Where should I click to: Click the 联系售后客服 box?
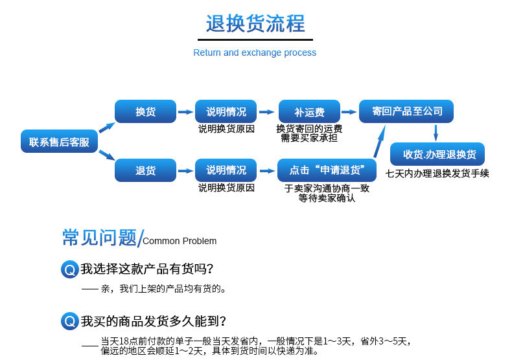tap(59, 141)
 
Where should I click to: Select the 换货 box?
tap(145, 111)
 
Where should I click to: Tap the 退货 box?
tap(145, 170)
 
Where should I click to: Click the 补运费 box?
tap(309, 111)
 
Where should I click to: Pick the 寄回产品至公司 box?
tap(406, 111)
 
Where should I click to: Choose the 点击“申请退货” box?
tap(327, 170)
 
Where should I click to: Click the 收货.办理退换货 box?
tap(437, 154)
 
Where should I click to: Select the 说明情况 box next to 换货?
tap(226, 111)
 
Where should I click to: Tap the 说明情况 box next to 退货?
tap(226, 170)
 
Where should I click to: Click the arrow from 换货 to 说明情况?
tap(185, 112)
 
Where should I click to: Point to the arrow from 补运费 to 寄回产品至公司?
tap(349, 112)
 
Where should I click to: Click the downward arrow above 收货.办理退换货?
tap(436, 133)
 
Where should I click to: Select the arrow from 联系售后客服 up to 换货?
tap(107, 128)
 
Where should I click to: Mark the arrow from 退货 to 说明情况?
tap(185, 171)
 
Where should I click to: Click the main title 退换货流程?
tap(255, 23)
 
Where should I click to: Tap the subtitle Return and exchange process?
tap(255, 52)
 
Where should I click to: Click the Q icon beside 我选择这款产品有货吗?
tap(69, 269)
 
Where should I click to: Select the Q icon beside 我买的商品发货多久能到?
tap(69, 321)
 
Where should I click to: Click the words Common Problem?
tap(180, 241)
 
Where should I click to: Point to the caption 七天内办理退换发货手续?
tap(437, 173)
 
